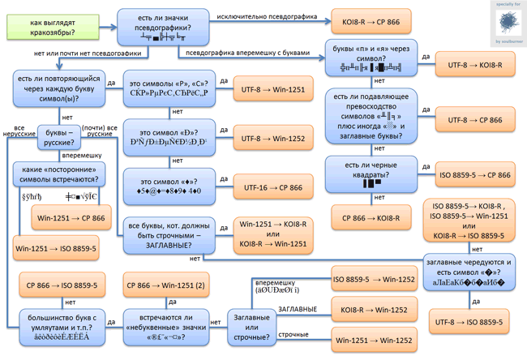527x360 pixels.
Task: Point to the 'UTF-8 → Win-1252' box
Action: pos(272,139)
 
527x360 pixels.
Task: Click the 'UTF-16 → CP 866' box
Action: pos(272,187)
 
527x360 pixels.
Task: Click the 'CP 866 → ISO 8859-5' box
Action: pos(62,285)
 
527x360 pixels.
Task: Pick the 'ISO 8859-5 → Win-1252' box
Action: pos(375,280)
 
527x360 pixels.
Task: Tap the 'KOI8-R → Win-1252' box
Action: pos(375,310)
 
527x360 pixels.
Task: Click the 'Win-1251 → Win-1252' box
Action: pos(375,340)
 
